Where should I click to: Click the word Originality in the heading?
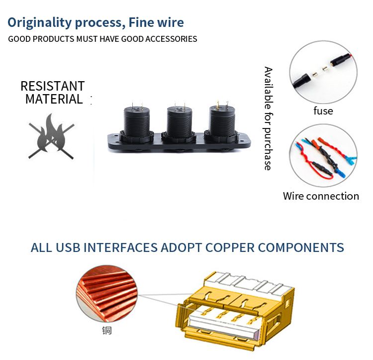click(39, 23)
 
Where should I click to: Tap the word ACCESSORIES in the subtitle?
click(171, 39)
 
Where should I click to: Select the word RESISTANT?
click(53, 86)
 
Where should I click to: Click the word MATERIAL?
click(54, 99)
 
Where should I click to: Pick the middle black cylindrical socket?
click(180, 124)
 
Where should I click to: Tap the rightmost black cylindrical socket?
click(222, 123)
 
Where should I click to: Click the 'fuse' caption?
click(323, 111)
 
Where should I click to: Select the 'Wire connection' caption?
click(321, 196)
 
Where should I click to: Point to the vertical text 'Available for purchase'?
click(269, 119)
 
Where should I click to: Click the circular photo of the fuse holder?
click(323, 72)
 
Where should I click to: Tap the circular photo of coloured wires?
click(323, 155)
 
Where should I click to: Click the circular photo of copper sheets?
click(106, 294)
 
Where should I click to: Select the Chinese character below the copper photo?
click(107, 331)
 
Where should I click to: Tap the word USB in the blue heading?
click(68, 247)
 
